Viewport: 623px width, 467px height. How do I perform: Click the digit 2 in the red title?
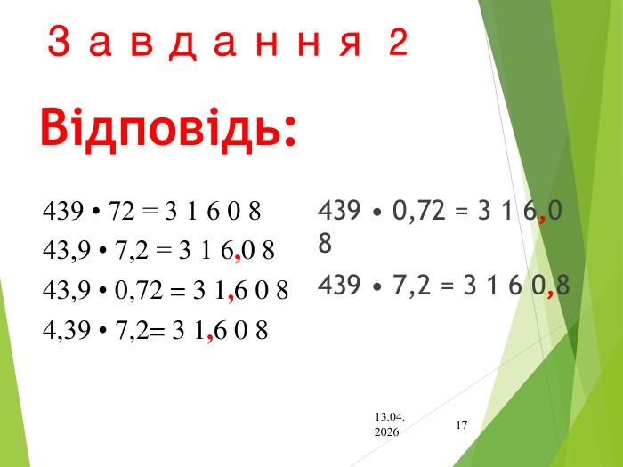398,42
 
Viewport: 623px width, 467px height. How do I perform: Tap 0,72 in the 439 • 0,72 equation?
417,211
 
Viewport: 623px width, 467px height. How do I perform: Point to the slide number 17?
461,425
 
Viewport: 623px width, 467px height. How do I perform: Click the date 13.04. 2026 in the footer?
389,423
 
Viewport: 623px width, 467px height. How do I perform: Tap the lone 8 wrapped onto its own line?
326,242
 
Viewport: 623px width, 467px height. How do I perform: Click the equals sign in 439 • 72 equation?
148,212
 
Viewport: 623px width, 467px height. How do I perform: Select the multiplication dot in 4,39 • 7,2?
103,331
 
